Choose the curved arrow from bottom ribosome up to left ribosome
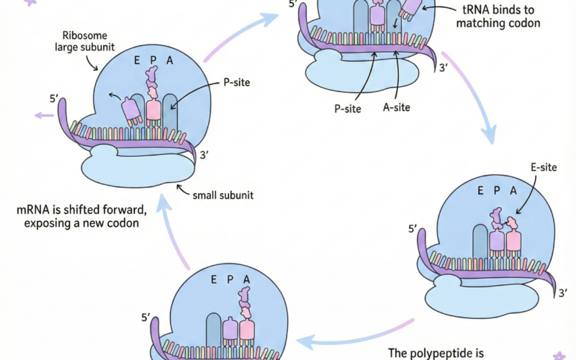pyautogui.click(x=169, y=230)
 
